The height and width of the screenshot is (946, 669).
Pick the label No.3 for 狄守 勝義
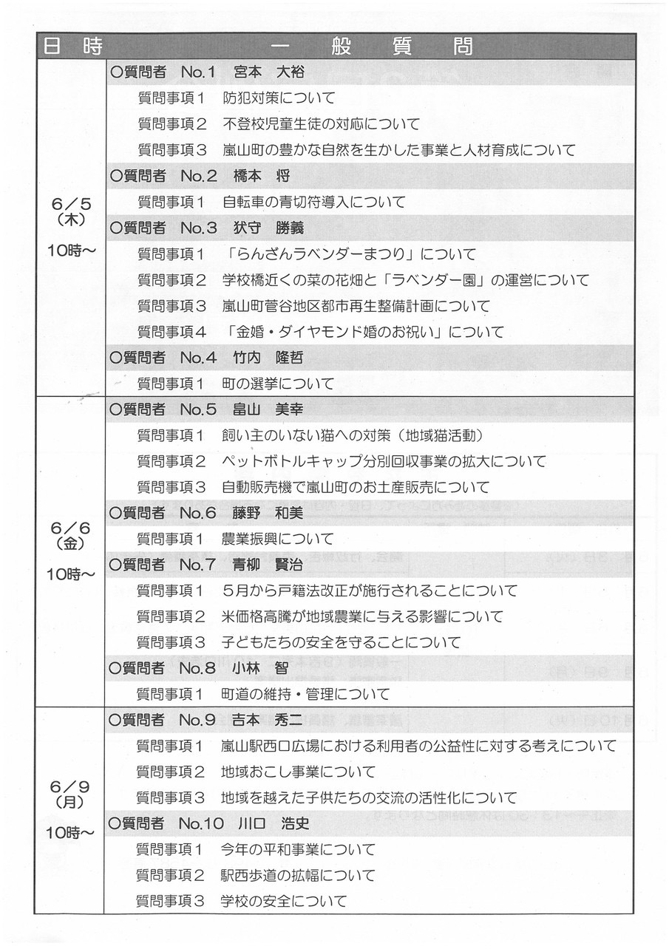tap(198, 228)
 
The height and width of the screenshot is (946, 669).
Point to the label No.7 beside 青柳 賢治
tap(197, 565)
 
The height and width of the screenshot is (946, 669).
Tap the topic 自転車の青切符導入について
tap(315, 202)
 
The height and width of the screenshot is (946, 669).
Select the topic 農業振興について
tap(278, 539)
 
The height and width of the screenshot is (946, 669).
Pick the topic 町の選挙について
tap(278, 384)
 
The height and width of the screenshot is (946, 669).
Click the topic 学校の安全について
tap(284, 901)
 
